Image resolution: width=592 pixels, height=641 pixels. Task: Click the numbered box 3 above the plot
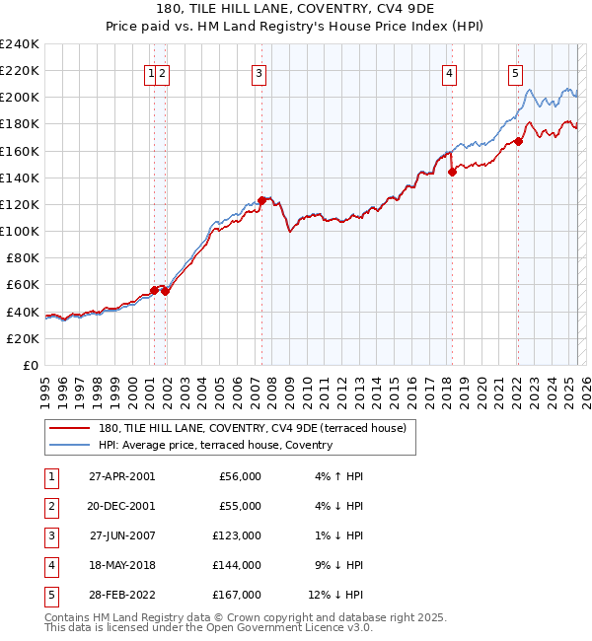click(258, 72)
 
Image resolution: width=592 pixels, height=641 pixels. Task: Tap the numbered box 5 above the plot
click(516, 72)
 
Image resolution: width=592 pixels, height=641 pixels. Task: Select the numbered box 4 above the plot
click(449, 72)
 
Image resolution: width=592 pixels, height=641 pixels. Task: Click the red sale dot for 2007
click(261, 200)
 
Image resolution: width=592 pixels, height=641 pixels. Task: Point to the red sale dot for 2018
click(452, 172)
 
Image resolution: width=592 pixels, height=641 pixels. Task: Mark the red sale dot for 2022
click(518, 141)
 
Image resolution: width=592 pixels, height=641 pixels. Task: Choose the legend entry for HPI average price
click(215, 445)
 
